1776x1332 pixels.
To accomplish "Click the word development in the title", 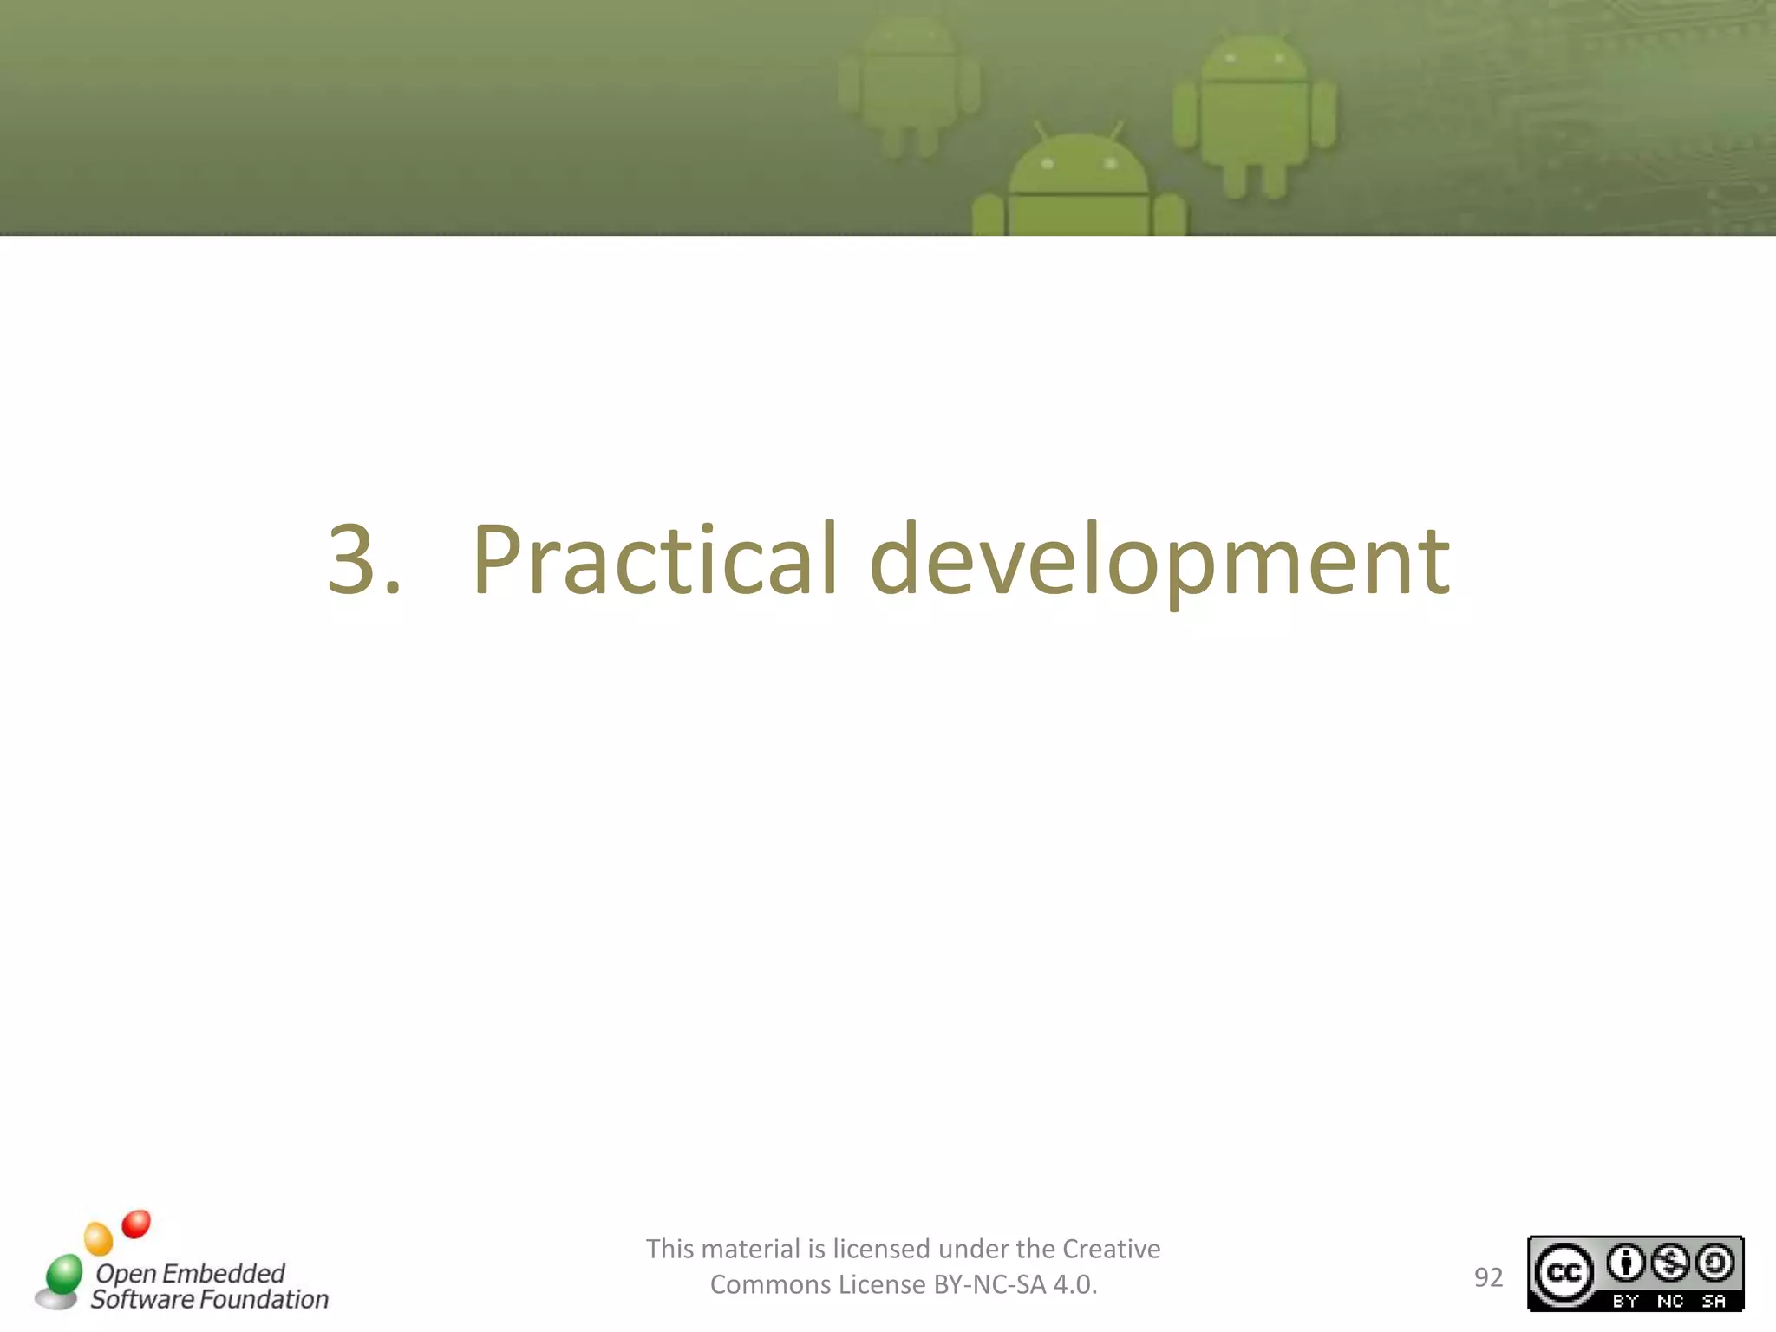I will [1159, 561].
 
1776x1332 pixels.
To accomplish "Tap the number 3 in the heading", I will [352, 561].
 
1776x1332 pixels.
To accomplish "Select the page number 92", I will [1488, 1277].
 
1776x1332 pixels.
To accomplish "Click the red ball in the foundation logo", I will [136, 1224].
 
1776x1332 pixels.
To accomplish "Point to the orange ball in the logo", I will [99, 1238].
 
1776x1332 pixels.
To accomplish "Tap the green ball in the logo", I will [63, 1273].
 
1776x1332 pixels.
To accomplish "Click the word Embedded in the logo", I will [223, 1273].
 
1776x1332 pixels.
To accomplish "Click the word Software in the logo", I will [142, 1299].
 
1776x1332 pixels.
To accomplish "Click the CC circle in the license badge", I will [1564, 1273].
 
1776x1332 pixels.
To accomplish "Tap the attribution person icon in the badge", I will [1626, 1263].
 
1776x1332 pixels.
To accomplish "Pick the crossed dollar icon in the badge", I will [1670, 1263].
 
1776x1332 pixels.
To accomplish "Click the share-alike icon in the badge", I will [1714, 1263].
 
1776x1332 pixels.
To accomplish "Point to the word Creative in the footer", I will [1111, 1249].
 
